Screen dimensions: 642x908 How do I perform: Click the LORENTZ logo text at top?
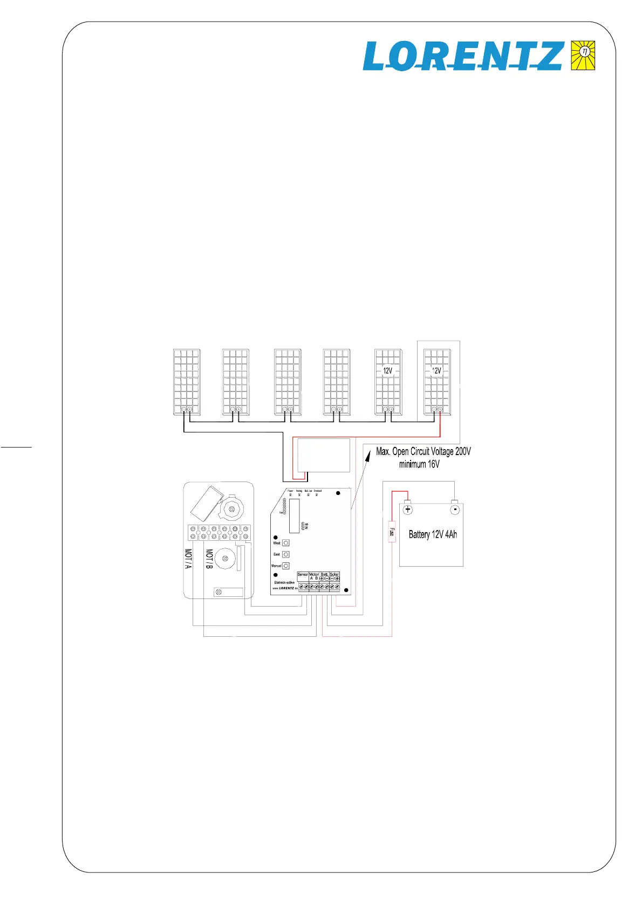coord(463,56)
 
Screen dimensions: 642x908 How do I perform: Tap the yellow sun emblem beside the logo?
coord(583,55)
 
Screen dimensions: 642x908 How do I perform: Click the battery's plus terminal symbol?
coord(408,510)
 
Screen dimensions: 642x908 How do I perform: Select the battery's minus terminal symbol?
coord(455,510)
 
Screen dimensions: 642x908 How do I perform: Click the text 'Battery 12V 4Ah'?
coord(433,534)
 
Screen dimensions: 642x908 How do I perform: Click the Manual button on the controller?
coord(286,566)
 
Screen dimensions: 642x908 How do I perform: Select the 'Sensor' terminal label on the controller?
coord(303,574)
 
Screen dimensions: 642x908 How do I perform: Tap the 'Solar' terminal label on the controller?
coord(334,574)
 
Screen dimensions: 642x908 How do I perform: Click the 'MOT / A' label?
coord(188,559)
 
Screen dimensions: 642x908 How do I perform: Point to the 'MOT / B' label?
coord(209,559)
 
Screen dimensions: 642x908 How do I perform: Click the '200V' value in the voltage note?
coord(462,451)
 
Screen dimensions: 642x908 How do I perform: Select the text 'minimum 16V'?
coord(419,464)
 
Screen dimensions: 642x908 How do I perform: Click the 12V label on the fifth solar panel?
coord(387,370)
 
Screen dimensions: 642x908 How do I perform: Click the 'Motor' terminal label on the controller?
coord(314,574)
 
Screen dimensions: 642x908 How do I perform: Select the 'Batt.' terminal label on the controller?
coord(324,574)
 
